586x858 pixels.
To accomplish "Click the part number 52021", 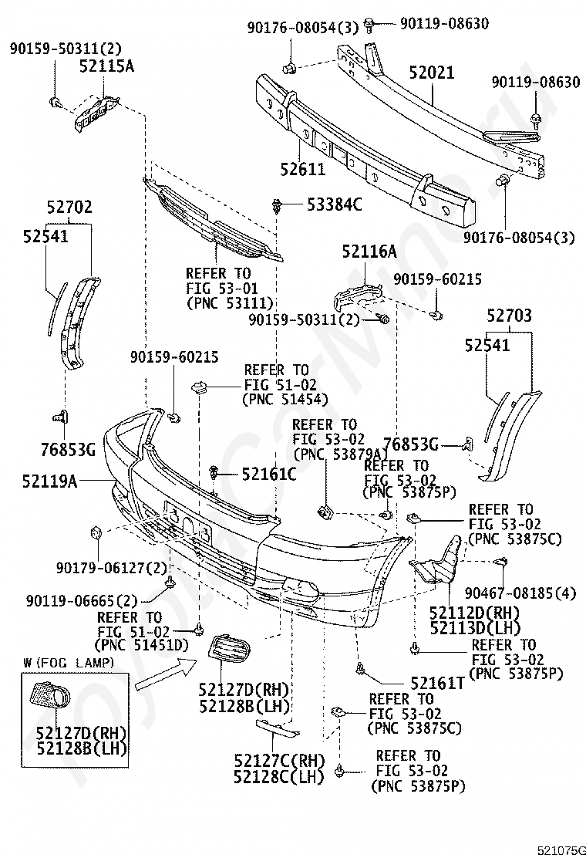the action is [x=432, y=73].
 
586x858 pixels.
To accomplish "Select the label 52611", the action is [x=303, y=169].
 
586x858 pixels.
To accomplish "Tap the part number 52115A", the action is [x=106, y=66].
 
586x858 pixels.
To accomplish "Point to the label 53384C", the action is [x=335, y=204].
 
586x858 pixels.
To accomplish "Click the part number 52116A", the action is [x=369, y=252].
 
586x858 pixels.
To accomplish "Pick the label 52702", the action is [x=69, y=208].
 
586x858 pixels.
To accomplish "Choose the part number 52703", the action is [x=509, y=315].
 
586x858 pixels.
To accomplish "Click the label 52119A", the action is [x=50, y=481].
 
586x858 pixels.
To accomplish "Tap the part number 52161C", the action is [x=269, y=474].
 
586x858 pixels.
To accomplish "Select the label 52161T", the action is [x=437, y=683].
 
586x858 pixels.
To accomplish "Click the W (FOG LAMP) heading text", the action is [x=69, y=664].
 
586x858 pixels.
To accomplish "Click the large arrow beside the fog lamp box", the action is [x=166, y=674].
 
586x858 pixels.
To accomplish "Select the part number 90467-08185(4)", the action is [x=520, y=593].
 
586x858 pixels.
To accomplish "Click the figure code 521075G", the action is [x=561, y=850].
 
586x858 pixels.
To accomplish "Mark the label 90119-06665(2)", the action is [x=82, y=601].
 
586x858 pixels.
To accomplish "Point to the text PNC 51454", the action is [x=285, y=400].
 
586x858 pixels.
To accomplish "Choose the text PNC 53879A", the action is [x=341, y=454].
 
